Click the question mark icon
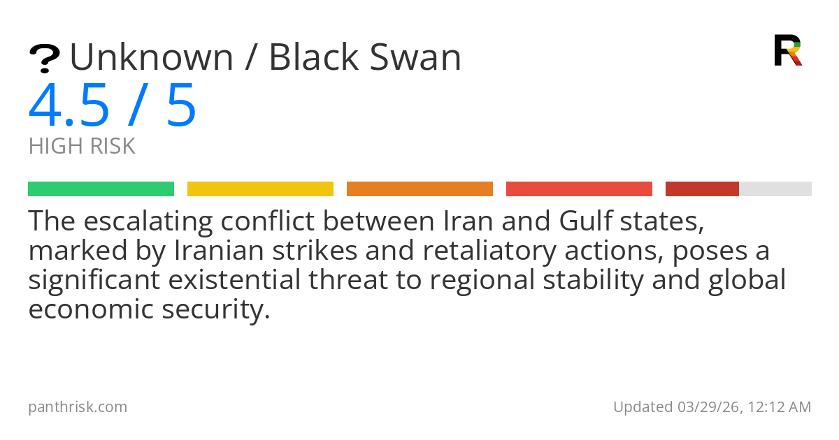pos(45,59)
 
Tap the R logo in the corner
pos(788,50)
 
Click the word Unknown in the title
pos(152,57)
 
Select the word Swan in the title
pos(415,57)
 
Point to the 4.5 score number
pos(69,105)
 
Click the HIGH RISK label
pos(82,146)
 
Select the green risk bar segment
pos(101,189)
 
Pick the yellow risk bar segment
pos(260,189)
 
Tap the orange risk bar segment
pos(420,189)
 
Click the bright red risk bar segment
pos(579,189)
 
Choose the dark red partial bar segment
pos(702,189)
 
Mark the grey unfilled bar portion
pos(775,189)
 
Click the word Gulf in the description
pos(585,221)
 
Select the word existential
pos(234,280)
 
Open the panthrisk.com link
pos(78,407)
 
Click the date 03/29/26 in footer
pos(710,407)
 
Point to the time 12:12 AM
pos(780,407)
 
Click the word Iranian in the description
pos(219,250)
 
